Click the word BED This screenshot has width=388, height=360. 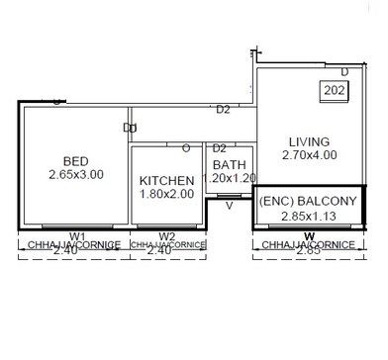point(75,161)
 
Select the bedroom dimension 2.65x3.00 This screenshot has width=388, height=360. point(75,175)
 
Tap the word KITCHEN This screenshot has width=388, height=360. point(165,181)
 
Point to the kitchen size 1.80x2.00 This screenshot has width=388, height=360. point(165,195)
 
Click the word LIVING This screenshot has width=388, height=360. point(309,141)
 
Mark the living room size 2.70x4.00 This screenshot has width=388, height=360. point(309,155)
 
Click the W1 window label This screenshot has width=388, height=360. point(78,235)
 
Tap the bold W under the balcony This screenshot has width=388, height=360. point(309,235)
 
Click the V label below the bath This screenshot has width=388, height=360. point(229,207)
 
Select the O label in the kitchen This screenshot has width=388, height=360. point(185,148)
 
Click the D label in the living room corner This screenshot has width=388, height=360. point(343,72)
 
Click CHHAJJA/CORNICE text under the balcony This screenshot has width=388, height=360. point(309,244)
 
